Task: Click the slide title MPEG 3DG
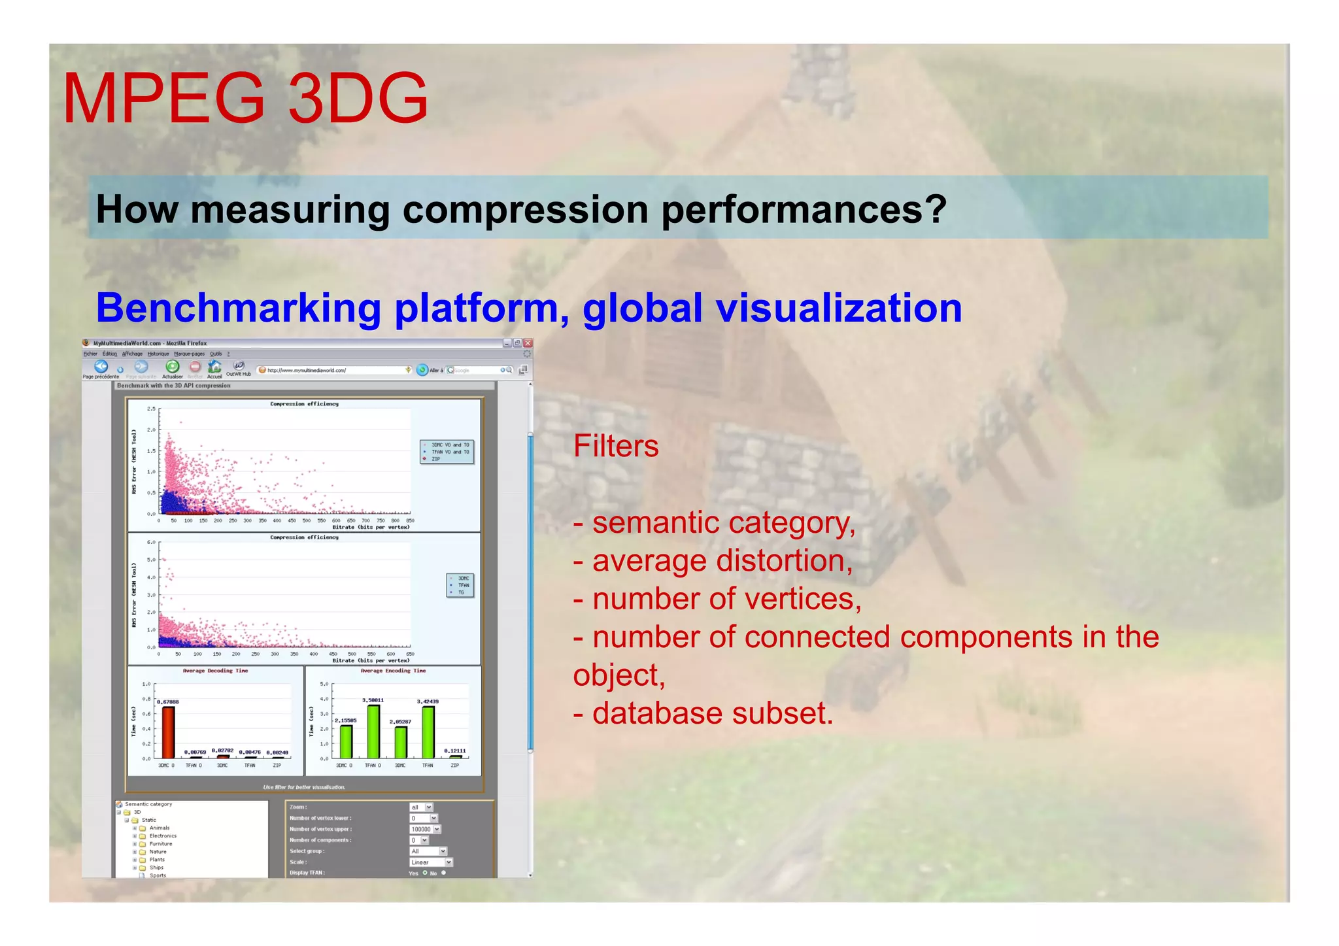pyautogui.click(x=245, y=99)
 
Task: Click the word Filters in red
pyautogui.click(x=615, y=447)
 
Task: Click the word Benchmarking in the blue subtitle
pyautogui.click(x=238, y=308)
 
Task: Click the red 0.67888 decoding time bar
pyautogui.click(x=168, y=732)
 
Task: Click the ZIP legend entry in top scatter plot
pyautogui.click(x=435, y=459)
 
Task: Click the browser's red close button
pyautogui.click(x=528, y=343)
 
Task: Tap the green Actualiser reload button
pyautogui.click(x=172, y=367)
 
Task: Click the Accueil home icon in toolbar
pyautogui.click(x=214, y=367)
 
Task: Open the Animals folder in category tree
pyautogui.click(x=159, y=828)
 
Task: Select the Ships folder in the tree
pyautogui.click(x=156, y=868)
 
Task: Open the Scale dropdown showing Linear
pyautogui.click(x=431, y=862)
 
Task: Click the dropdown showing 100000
pyautogui.click(x=425, y=829)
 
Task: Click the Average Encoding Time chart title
pyautogui.click(x=393, y=671)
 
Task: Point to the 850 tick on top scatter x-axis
pyautogui.click(x=410, y=521)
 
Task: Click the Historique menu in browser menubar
pyautogui.click(x=158, y=354)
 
